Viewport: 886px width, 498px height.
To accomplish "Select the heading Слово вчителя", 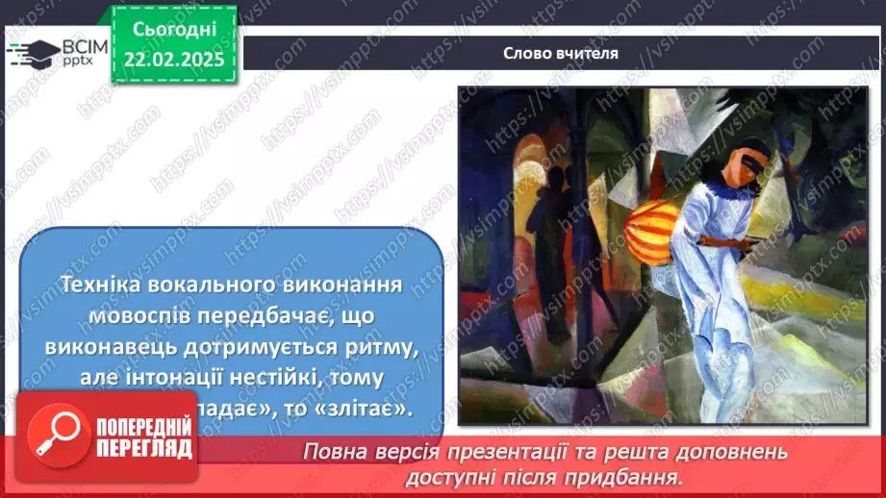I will [560, 53].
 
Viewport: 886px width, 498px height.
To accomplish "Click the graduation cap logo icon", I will [33, 52].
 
